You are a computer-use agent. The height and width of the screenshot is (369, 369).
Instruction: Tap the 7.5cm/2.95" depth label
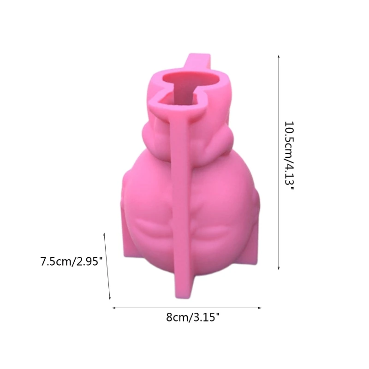coord(71,262)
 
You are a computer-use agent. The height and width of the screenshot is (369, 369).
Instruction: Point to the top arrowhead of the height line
coord(279,56)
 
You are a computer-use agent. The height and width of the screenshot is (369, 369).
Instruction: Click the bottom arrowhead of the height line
coord(279,268)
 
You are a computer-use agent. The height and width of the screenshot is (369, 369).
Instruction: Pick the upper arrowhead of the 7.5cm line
coord(105,234)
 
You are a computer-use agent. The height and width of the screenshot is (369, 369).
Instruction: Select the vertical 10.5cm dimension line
coord(279,161)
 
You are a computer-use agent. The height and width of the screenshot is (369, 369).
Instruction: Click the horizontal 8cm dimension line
coord(187,308)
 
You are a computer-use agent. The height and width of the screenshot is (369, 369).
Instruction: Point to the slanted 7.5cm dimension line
coord(107,267)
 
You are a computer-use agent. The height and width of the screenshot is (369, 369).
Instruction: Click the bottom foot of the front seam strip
coord(184,288)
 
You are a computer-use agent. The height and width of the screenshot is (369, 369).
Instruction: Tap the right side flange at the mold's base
coord(255,244)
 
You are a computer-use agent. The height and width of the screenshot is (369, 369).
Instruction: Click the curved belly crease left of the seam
coord(152,226)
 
